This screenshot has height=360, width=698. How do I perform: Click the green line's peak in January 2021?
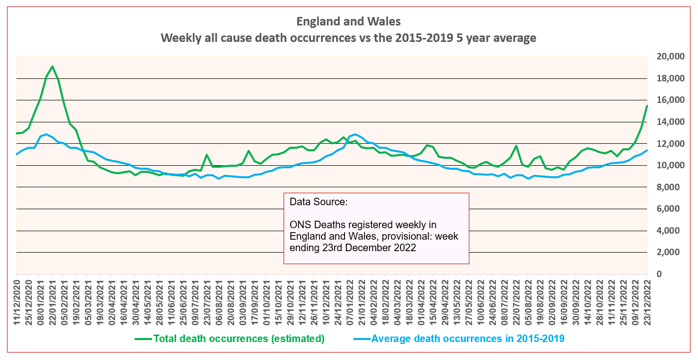[x=52, y=66]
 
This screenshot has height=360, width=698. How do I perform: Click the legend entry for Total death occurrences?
[x=239, y=339]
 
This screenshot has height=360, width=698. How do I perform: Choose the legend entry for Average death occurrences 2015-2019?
[x=468, y=339]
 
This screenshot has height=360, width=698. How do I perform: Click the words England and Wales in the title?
[x=348, y=21]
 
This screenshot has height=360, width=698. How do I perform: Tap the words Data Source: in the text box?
[x=318, y=202]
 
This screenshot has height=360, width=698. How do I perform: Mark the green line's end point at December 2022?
[x=647, y=106]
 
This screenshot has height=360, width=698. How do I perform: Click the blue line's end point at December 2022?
[x=647, y=150]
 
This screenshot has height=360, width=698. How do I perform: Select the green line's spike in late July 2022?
[x=516, y=146]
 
